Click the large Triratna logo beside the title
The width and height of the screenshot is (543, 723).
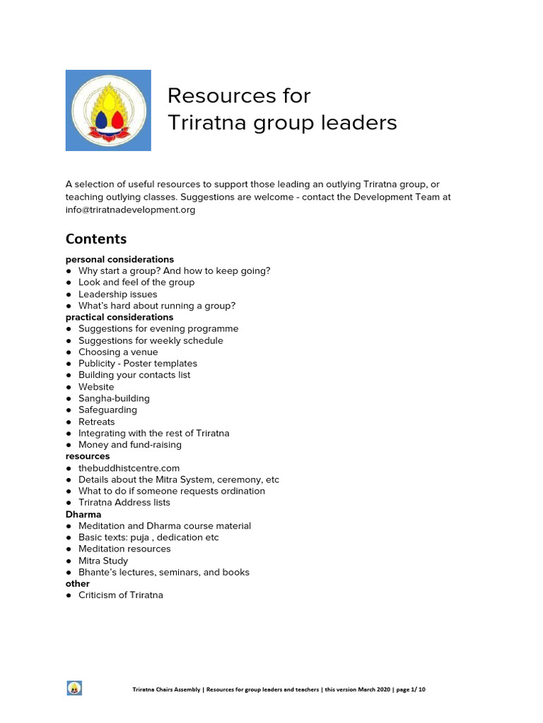click(x=108, y=110)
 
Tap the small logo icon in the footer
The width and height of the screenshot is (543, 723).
click(x=74, y=688)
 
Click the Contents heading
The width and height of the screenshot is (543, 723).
click(x=96, y=239)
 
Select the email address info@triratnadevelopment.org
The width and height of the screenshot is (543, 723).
click(x=131, y=210)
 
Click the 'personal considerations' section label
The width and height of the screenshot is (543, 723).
click(x=119, y=259)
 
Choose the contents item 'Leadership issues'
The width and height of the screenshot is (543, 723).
click(x=118, y=294)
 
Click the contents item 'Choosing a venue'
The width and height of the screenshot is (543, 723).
click(x=118, y=352)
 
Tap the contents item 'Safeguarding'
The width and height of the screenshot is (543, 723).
click(x=107, y=410)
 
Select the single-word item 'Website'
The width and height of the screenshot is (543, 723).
click(x=96, y=387)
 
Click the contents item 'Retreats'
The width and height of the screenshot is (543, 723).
click(x=96, y=422)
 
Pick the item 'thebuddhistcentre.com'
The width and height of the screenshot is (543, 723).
click(x=129, y=467)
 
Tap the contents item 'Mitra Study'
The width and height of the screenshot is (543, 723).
click(x=103, y=561)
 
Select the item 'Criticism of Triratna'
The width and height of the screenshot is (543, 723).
click(x=121, y=595)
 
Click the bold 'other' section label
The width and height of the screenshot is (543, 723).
click(x=78, y=583)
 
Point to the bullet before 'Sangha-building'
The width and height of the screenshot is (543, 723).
click(x=69, y=398)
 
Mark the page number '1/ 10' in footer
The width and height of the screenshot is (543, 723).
click(x=416, y=689)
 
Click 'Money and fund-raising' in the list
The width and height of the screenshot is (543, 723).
click(x=130, y=445)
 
